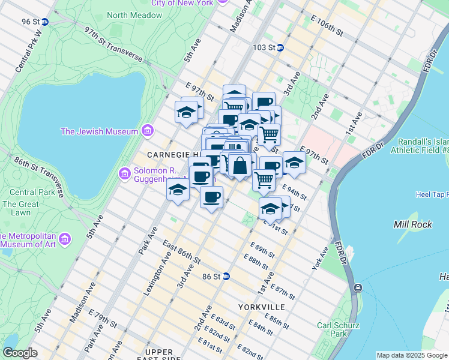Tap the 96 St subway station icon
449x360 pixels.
[x=45, y=22]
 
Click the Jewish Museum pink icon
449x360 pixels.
[x=147, y=131]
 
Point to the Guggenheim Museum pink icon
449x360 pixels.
[x=125, y=173]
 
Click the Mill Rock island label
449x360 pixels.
[x=409, y=224]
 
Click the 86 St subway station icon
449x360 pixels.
[x=226, y=277]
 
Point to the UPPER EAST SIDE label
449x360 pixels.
[x=159, y=355]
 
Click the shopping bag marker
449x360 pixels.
[x=240, y=166]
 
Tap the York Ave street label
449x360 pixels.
[x=320, y=257]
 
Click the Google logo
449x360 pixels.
[x=20, y=353]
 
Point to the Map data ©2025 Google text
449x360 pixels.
[x=412, y=355]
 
